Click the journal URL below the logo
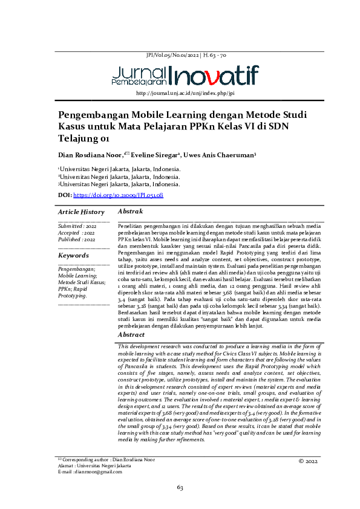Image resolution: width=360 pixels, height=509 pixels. coord(185,93)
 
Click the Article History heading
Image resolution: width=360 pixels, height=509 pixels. coord(81,212)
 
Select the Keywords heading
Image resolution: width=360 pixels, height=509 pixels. coord(73,256)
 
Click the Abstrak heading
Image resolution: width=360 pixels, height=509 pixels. coord(130,212)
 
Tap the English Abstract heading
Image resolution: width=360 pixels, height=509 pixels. coord(131,334)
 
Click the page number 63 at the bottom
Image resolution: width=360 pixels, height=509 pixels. coord(180,487)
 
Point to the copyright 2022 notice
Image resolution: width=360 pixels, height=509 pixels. coord(309,461)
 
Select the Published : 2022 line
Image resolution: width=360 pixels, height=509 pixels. coord(77,239)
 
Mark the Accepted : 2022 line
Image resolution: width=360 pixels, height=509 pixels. coord(76,233)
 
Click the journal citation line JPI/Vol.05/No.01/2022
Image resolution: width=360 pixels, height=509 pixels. coord(186,56)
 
